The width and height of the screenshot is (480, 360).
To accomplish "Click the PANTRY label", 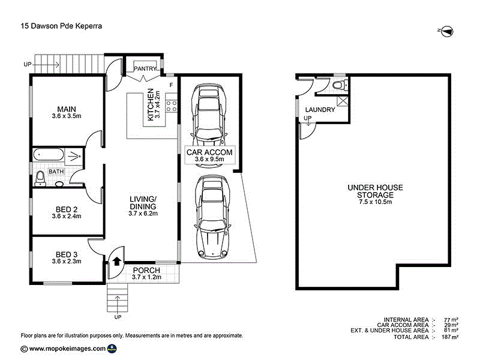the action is [x=145, y=68].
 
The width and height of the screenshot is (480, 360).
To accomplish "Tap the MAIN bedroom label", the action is [x=67, y=109].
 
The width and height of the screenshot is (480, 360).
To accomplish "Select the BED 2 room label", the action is [x=67, y=209].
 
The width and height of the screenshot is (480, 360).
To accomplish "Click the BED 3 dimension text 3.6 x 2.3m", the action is [x=67, y=261].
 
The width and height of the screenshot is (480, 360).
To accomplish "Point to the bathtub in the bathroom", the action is [x=49, y=154].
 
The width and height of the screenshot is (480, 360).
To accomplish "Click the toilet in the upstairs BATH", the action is [x=40, y=179].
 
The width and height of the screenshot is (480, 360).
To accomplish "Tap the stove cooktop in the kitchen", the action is [x=172, y=106].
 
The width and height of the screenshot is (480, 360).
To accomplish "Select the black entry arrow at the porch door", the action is [x=117, y=261].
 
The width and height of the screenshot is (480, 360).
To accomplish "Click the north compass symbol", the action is [x=447, y=31].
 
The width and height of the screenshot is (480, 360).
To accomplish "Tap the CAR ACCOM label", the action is [x=209, y=152].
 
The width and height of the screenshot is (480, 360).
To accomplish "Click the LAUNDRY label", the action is [x=320, y=110].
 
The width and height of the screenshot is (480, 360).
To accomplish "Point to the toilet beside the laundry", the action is [x=339, y=85].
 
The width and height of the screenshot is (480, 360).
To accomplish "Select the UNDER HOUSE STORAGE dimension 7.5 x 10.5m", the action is [x=375, y=202].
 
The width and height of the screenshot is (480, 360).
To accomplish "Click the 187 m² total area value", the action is [x=449, y=337].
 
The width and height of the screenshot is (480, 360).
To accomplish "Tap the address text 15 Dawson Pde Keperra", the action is [x=61, y=26].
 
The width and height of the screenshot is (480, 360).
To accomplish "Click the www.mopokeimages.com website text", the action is [x=67, y=349].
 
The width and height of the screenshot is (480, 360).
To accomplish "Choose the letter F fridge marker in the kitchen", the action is [x=171, y=85].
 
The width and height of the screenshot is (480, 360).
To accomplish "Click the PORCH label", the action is [x=146, y=271].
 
